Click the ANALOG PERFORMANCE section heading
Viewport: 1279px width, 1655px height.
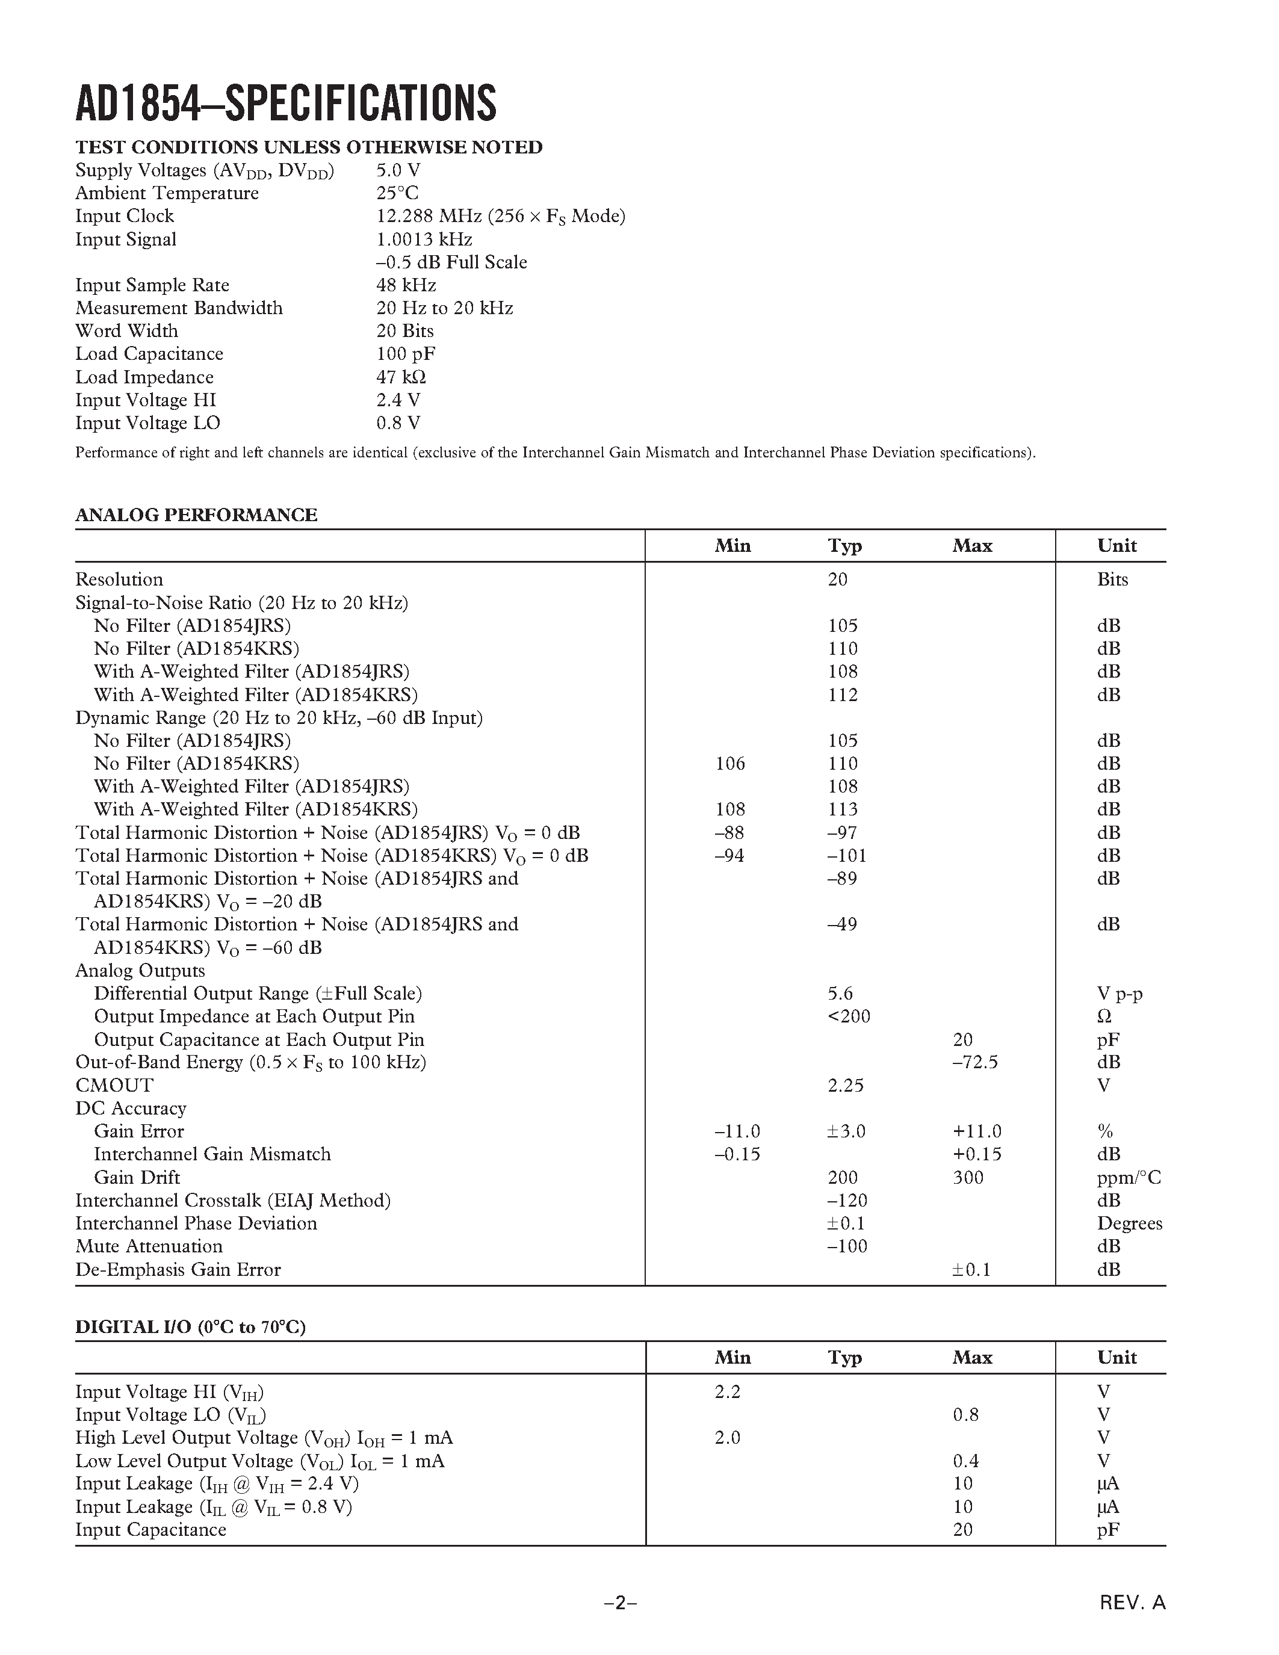[196, 515]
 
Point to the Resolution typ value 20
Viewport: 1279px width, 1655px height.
[837, 579]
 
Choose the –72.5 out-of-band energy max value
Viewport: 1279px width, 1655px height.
[975, 1062]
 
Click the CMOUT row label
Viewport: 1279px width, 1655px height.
[114, 1084]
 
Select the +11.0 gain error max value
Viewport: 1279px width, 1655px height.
[977, 1131]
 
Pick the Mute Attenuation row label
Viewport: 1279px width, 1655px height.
[149, 1246]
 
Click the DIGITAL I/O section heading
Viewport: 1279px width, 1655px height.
[190, 1327]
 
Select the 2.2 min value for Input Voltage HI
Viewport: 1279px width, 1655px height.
[728, 1391]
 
